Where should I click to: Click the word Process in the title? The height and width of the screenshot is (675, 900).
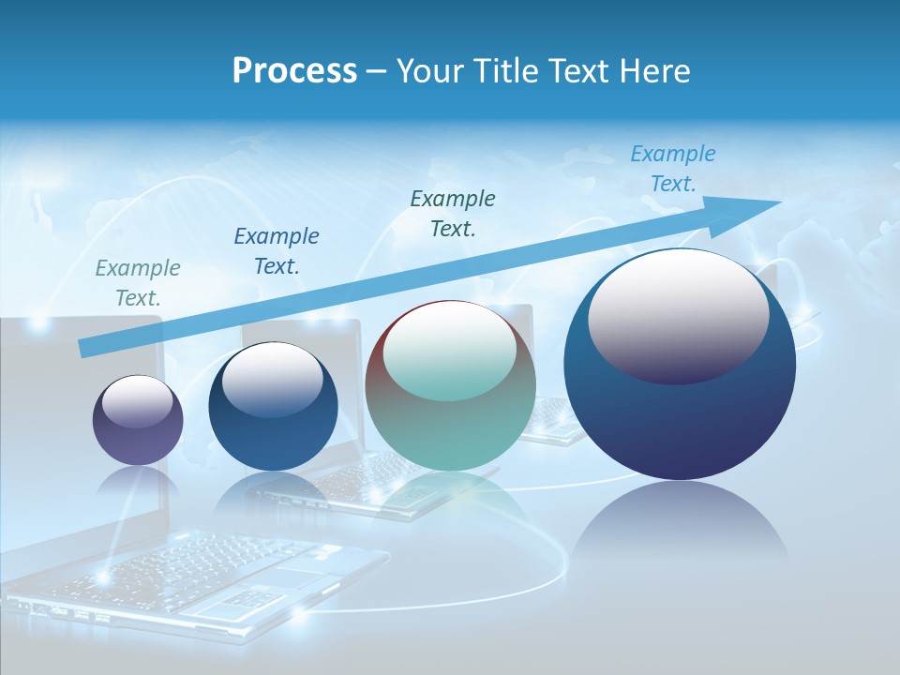click(294, 71)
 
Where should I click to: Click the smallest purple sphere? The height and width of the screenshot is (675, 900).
click(138, 420)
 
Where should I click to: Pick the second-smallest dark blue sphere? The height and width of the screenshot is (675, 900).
click(273, 406)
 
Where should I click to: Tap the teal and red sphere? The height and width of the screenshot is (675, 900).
click(450, 385)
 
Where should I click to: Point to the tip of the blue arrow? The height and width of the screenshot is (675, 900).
click(778, 202)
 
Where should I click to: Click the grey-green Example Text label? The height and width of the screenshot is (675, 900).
click(138, 283)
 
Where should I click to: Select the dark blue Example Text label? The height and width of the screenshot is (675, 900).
click(277, 251)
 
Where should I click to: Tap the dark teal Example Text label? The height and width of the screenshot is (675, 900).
click(453, 213)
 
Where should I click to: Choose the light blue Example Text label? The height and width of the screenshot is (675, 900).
click(673, 169)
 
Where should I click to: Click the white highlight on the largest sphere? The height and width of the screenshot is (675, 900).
click(678, 312)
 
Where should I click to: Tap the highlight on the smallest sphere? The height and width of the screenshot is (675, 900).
click(137, 401)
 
